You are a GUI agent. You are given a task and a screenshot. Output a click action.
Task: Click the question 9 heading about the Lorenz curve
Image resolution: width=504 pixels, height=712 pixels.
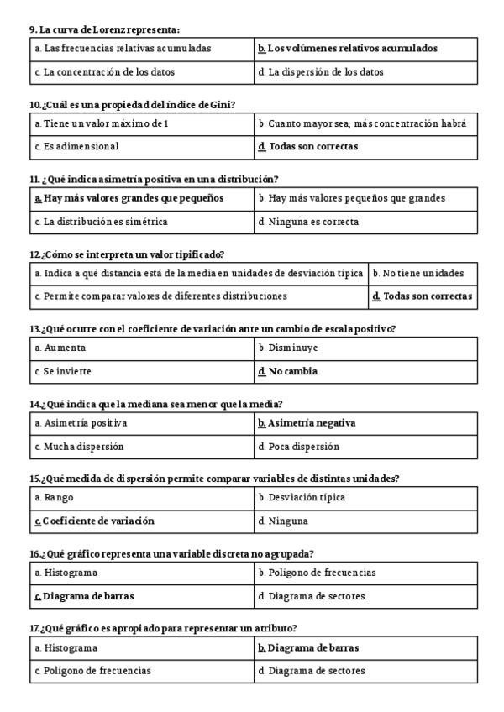point(104,29)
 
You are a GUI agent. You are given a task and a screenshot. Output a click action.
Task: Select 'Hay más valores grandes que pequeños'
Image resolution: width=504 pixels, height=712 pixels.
point(134,198)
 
